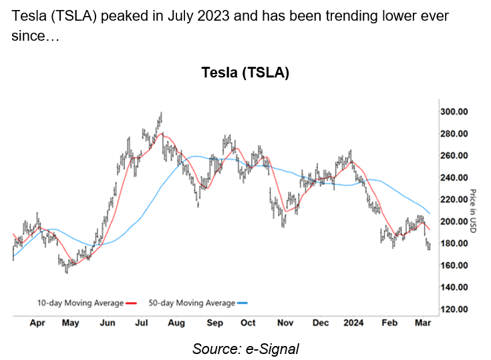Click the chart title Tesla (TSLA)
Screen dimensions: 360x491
point(245,73)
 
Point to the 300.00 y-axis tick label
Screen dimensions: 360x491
point(455,112)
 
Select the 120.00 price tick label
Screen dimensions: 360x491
point(455,309)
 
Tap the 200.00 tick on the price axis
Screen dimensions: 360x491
point(455,222)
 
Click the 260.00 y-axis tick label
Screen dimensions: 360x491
point(455,156)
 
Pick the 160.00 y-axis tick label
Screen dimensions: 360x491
point(455,265)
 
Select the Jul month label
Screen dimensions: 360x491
point(141,323)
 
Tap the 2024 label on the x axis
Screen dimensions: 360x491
point(353,323)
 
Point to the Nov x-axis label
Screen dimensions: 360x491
point(285,323)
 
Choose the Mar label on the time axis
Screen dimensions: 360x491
point(422,323)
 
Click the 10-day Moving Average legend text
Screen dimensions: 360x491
point(80,303)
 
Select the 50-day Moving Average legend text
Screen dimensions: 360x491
point(192,303)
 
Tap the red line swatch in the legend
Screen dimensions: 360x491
point(132,303)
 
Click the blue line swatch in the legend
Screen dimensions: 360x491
point(243,303)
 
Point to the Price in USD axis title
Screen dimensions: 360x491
point(472,211)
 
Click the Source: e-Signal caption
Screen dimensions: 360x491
point(245,347)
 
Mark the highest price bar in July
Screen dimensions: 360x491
point(161,115)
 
